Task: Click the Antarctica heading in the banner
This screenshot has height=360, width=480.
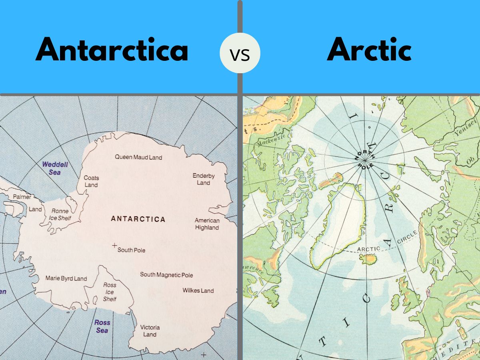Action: click(112, 50)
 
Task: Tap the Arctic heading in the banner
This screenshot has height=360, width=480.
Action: click(369, 50)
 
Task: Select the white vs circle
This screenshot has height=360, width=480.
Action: click(240, 53)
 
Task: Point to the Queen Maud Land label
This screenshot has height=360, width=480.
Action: click(138, 157)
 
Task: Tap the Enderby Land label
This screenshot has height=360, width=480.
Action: click(204, 179)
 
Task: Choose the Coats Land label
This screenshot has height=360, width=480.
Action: click(91, 181)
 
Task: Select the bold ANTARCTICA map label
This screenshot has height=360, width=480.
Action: click(138, 219)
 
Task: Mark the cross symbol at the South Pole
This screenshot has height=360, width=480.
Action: click(114, 245)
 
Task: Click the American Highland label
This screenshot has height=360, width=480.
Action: click(207, 224)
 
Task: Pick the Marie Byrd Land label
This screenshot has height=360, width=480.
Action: click(66, 278)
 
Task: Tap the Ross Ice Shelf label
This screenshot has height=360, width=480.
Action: click(110, 292)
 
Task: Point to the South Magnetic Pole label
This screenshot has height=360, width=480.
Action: click(166, 275)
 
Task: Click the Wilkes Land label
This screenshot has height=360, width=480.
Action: click(198, 290)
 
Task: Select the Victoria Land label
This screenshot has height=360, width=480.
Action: click(150, 331)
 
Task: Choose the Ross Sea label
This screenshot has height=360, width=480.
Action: click(102, 326)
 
